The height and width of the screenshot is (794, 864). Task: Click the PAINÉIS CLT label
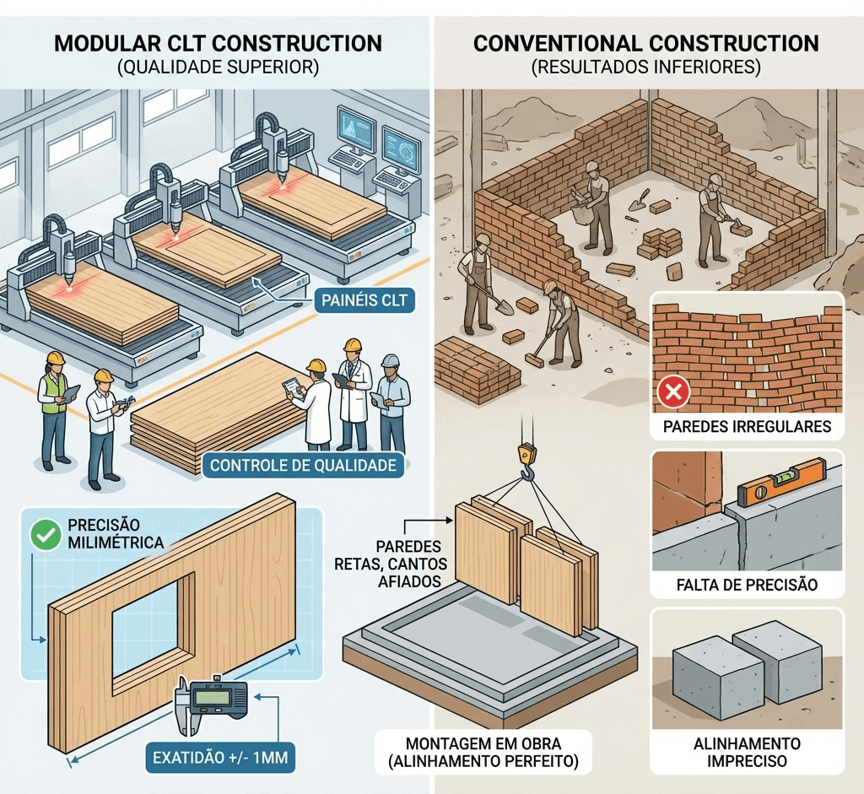[x=365, y=298]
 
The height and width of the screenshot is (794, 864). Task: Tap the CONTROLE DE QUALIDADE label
[x=302, y=465]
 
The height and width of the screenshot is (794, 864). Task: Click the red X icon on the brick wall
[x=674, y=392]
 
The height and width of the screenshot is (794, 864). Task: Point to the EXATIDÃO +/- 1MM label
[x=220, y=758]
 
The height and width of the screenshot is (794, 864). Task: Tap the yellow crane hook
[x=526, y=460]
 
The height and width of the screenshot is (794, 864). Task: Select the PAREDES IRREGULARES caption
[x=748, y=425]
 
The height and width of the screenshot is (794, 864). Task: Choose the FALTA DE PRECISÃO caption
[x=748, y=584]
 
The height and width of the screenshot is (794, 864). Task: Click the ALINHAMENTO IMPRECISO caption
[x=748, y=752]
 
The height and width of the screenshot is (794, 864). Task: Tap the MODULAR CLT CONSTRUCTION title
[x=218, y=44]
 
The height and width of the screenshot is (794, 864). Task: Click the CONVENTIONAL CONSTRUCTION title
[x=646, y=44]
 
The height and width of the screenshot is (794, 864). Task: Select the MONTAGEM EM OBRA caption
[x=483, y=751]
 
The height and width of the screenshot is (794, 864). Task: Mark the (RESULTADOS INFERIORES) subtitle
[x=646, y=68]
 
